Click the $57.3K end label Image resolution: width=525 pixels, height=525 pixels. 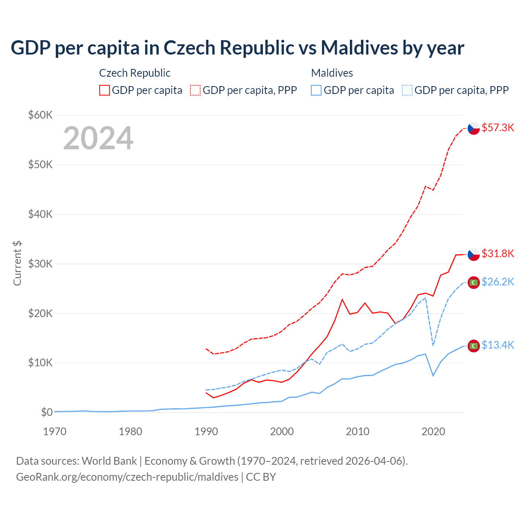[x=498, y=128]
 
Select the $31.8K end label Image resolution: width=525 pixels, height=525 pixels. [x=498, y=253]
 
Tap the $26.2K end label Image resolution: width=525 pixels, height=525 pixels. [x=498, y=282]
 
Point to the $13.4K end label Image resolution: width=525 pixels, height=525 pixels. [x=498, y=345]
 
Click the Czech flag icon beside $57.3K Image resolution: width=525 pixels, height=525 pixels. [x=474, y=128]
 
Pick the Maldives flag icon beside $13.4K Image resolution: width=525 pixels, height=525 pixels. [x=474, y=346]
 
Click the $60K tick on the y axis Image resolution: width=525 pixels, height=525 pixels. [x=40, y=115]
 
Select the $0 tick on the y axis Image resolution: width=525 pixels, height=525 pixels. [x=47, y=412]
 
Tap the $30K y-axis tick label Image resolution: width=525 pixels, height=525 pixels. [x=40, y=264]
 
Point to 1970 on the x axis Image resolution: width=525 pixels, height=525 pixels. [x=55, y=431]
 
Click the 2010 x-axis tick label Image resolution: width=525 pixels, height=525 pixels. [x=358, y=431]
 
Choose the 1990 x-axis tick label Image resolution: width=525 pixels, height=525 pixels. [x=206, y=431]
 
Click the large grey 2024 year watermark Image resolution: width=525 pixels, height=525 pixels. [x=98, y=138]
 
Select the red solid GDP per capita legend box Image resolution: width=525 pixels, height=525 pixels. [x=105, y=90]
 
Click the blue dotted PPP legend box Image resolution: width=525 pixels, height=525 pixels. [x=407, y=90]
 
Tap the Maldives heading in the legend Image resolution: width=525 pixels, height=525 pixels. [x=332, y=73]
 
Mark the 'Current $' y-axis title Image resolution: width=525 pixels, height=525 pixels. [x=17, y=263]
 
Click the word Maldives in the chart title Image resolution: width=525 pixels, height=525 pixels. [x=359, y=48]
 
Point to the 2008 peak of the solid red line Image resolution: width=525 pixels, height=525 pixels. [x=342, y=299]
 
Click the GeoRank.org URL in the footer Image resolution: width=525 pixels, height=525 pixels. [x=127, y=477]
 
